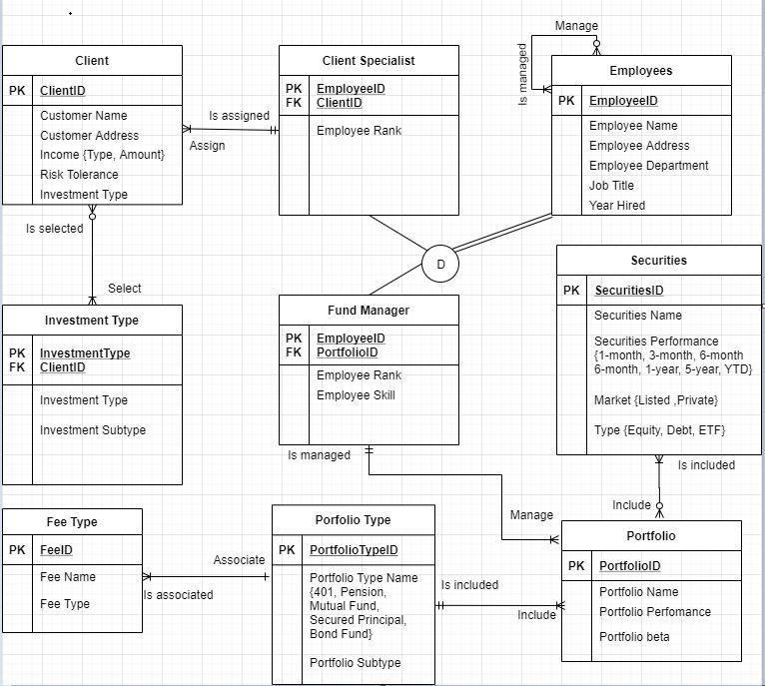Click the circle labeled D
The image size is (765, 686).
point(440,265)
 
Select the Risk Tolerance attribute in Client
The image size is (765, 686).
point(79,175)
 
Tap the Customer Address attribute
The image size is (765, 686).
point(89,136)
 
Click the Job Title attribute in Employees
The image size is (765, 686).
point(611,186)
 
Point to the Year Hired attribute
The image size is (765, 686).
point(616,206)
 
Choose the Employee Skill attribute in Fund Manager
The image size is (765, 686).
point(356,395)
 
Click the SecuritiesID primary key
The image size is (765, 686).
point(629,291)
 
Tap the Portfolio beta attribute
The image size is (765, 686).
point(634,637)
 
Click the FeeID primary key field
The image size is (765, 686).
point(56,550)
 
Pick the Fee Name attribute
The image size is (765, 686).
point(68,577)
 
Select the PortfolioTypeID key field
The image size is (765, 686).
point(354,550)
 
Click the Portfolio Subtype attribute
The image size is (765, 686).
point(355,663)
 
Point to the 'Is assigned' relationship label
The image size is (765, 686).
point(239,116)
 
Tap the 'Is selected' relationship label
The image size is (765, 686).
point(55,229)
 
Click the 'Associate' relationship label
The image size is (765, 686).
point(239,560)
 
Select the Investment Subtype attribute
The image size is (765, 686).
point(93,430)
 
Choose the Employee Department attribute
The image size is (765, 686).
point(648,166)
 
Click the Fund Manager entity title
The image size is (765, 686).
point(369,311)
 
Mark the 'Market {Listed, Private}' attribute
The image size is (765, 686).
point(655,400)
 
